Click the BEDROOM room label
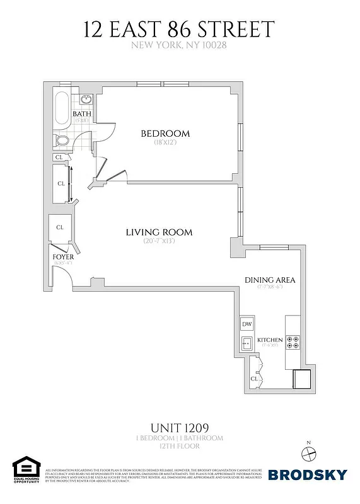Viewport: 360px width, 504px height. click(x=165, y=134)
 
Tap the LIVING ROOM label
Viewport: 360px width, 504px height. click(x=159, y=232)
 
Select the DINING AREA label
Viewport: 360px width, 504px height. click(x=270, y=280)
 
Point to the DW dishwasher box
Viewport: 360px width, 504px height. click(x=247, y=324)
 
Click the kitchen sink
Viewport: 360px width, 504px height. click(x=247, y=343)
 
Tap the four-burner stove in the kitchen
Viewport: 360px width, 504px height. click(x=293, y=342)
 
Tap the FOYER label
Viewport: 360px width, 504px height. click(x=63, y=258)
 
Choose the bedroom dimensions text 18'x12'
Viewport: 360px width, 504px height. click(x=165, y=143)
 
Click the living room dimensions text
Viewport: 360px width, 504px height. click(x=159, y=241)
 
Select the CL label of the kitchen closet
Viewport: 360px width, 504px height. click(x=254, y=379)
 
